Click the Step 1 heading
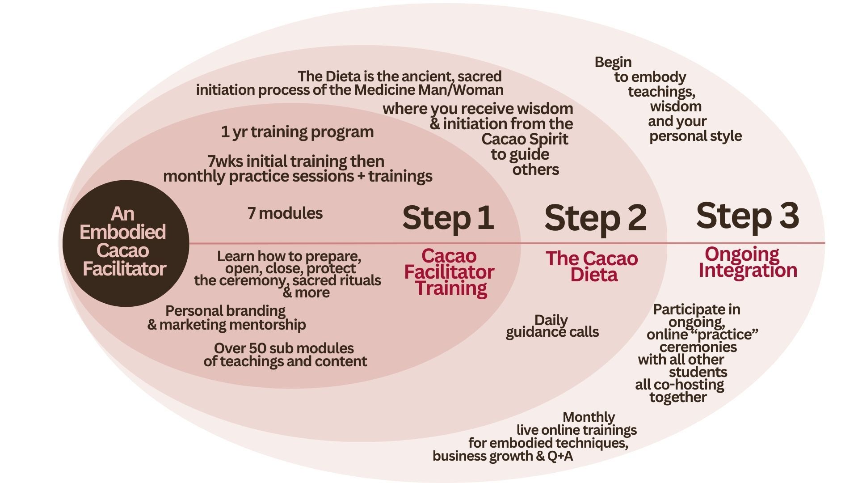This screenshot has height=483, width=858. pyautogui.click(x=448, y=218)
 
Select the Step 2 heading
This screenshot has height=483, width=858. pyautogui.click(x=595, y=218)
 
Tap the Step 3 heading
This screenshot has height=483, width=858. pyautogui.click(x=747, y=216)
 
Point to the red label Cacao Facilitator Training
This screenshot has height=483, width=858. pyautogui.click(x=449, y=272)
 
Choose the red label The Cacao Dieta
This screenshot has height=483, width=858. pyautogui.click(x=592, y=267)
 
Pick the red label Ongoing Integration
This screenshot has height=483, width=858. pyautogui.click(x=747, y=262)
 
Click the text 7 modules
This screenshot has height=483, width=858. pyautogui.click(x=285, y=213)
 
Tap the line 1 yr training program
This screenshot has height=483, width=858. pyautogui.click(x=297, y=132)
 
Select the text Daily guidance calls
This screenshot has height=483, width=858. pyautogui.click(x=552, y=326)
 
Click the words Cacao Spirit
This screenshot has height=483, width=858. pyautogui.click(x=525, y=139)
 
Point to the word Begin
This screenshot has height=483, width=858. pyautogui.click(x=613, y=62)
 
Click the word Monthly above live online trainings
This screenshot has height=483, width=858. pyautogui.click(x=589, y=417)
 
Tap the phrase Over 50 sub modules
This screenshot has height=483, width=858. pyautogui.click(x=284, y=348)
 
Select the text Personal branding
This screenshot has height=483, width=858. pyautogui.click(x=225, y=310)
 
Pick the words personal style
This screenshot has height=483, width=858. pyautogui.click(x=695, y=136)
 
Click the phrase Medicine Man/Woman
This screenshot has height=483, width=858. pyautogui.click(x=429, y=90)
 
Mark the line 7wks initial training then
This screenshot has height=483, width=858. pyautogui.click(x=296, y=161)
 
